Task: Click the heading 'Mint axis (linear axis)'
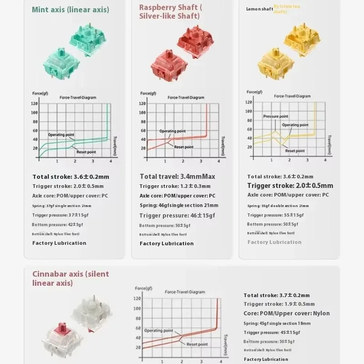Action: pyautogui.click(x=71, y=10)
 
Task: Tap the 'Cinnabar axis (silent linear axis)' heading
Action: pyautogui.click(x=71, y=278)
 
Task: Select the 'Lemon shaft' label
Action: pyautogui.click(x=259, y=9)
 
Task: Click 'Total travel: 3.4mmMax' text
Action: pyautogui.click(x=177, y=177)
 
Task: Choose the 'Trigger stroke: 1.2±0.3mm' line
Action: pyautogui.click(x=175, y=186)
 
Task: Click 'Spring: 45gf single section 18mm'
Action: pyautogui.click(x=277, y=324)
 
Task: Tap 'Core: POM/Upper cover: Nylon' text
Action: pyautogui.click(x=287, y=313)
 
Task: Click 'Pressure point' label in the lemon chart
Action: pyautogui.click(x=276, y=116)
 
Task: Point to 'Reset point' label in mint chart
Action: pyautogui.click(x=86, y=152)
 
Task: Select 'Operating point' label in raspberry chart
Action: pyautogui.click(x=174, y=131)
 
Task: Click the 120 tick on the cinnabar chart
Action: pyautogui.click(x=138, y=299)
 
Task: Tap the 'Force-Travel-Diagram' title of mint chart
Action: pyautogui.click(x=78, y=97)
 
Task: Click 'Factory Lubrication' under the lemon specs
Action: pyautogui.click(x=274, y=242)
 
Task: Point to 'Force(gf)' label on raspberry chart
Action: pyautogui.click(x=147, y=93)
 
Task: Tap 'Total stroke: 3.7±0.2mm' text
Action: pyautogui.click(x=277, y=295)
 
